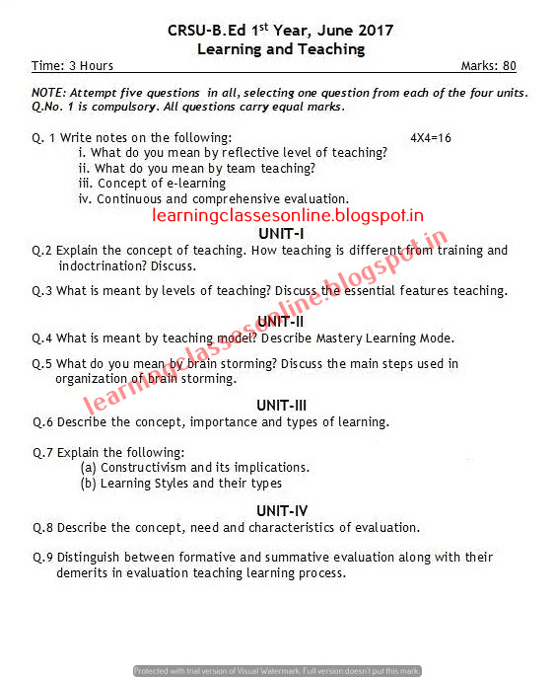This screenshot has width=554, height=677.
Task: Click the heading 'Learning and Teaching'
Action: coord(281,48)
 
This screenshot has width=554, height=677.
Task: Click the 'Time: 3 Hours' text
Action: coord(72,66)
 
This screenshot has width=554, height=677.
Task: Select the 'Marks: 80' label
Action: coord(488,66)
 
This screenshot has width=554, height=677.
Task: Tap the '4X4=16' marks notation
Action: coord(430,137)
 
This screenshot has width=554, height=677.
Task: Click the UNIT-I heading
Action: coord(281,233)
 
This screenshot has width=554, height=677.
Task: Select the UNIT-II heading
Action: coord(281,321)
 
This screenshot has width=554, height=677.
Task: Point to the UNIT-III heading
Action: coord(282,405)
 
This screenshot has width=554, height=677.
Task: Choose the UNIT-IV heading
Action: coord(282,510)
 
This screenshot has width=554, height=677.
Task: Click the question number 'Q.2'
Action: coord(41,251)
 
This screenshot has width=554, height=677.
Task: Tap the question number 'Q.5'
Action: coord(41,363)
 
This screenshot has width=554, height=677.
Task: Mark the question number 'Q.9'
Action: coord(41,558)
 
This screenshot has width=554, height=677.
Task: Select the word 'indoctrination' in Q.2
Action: coord(101,266)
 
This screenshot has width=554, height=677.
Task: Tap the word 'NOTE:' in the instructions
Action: coord(50,93)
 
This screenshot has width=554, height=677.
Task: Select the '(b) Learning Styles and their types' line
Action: coord(180,483)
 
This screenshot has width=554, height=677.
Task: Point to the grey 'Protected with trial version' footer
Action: coord(277,671)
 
